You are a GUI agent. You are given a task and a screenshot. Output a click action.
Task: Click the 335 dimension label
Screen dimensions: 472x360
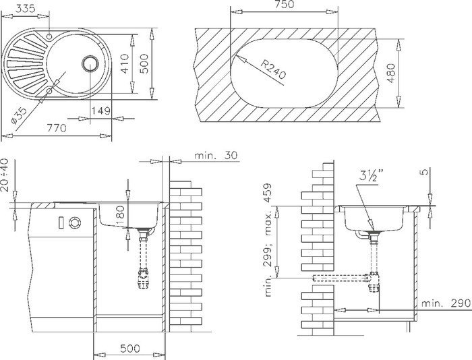pyautogui.click(x=25, y=8)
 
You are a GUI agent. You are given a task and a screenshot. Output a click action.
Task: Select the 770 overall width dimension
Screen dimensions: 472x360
pyautogui.click(x=57, y=128)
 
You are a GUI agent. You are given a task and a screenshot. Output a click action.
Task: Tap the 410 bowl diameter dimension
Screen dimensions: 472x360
pyautogui.click(x=125, y=63)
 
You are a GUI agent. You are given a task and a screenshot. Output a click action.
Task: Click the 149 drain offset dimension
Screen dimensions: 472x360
pyautogui.click(x=100, y=111)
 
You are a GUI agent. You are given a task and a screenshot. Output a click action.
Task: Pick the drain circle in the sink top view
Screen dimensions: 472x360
pyautogui.click(x=90, y=63)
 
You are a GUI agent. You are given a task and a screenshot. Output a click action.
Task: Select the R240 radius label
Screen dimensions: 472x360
pyautogui.click(x=272, y=69)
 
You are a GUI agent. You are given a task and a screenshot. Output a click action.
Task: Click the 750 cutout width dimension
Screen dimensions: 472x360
pyautogui.click(x=284, y=4)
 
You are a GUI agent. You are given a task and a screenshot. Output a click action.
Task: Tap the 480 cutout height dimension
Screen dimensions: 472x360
pyautogui.click(x=390, y=73)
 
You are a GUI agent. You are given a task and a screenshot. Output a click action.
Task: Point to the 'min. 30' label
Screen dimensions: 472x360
pyautogui.click(x=216, y=155)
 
